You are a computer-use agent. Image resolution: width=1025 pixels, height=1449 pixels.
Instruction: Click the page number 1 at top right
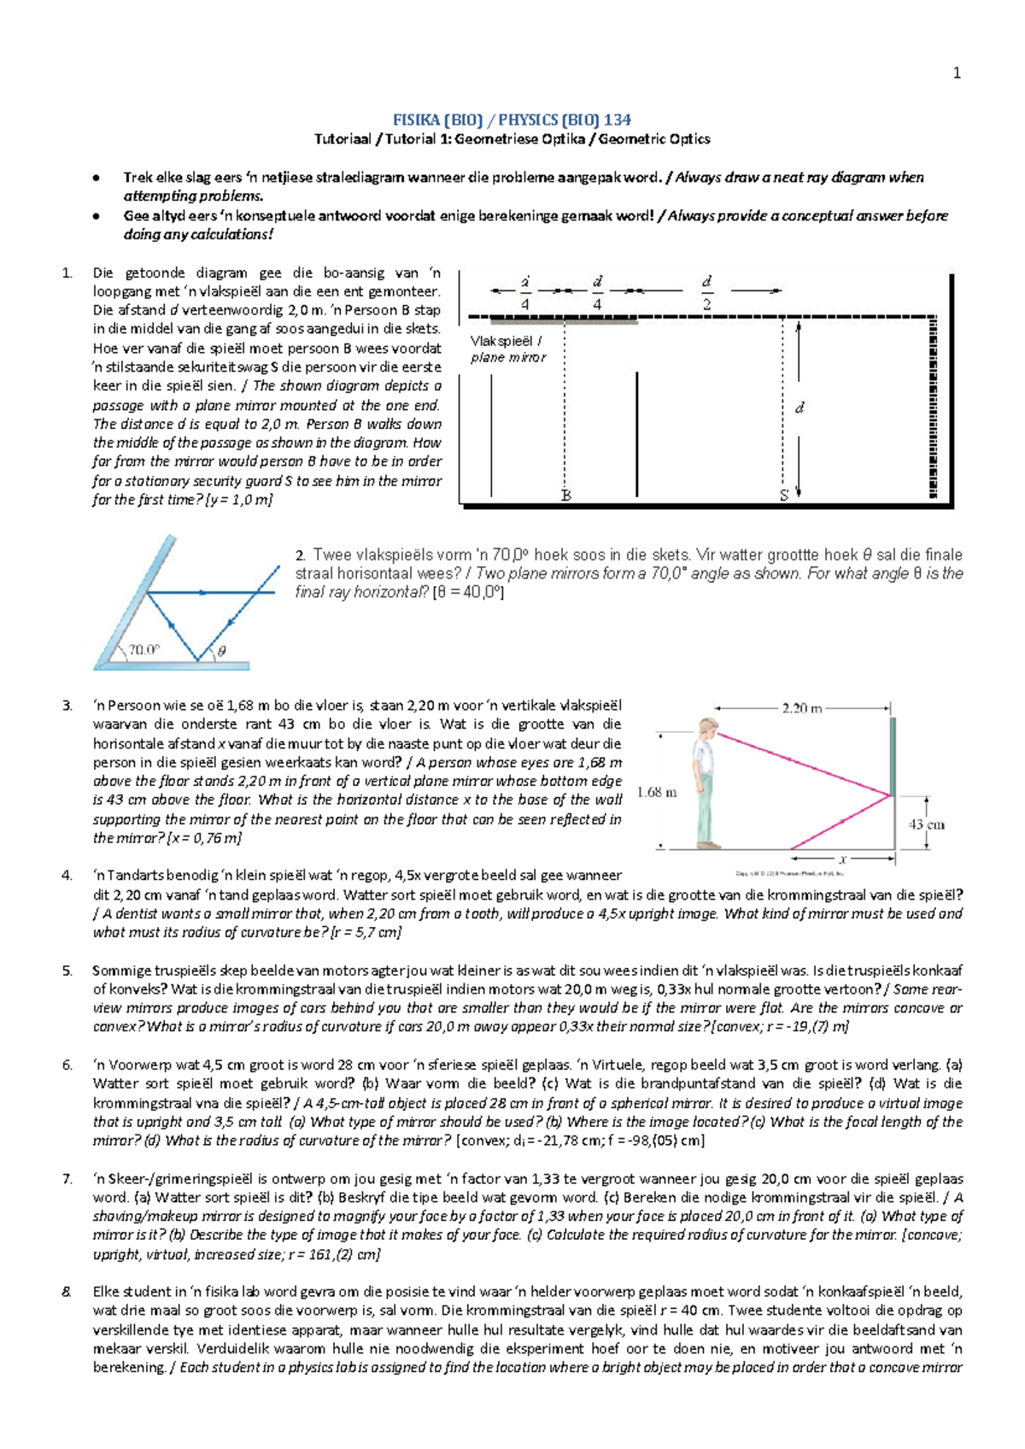(x=957, y=73)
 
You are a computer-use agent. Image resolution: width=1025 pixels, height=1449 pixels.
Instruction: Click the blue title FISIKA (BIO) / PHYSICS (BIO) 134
(x=511, y=120)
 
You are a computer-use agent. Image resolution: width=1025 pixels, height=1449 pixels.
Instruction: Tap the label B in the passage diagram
(x=565, y=495)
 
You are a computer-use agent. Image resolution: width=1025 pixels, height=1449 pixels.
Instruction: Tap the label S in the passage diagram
(x=783, y=495)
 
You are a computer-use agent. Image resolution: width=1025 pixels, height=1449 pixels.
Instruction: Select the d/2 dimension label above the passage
(x=707, y=292)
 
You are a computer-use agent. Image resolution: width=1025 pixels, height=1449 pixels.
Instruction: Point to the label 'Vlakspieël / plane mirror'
(x=508, y=349)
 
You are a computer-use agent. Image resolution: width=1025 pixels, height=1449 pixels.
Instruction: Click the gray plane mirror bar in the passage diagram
(x=564, y=321)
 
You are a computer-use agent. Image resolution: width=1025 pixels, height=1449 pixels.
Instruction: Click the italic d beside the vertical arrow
(x=799, y=408)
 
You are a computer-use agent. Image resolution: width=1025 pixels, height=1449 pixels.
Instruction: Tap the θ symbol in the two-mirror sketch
(x=221, y=651)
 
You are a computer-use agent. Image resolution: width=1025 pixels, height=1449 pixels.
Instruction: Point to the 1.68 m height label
(x=657, y=792)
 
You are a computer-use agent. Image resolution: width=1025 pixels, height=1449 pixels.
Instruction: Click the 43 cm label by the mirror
(x=926, y=824)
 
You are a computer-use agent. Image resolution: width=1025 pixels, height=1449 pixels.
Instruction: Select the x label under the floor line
(x=842, y=859)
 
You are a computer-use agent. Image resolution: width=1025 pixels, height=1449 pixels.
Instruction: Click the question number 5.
(x=67, y=971)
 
